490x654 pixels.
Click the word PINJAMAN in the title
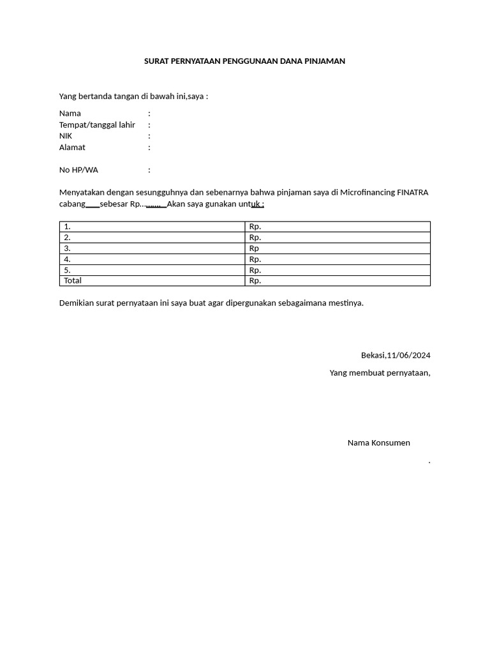(x=325, y=61)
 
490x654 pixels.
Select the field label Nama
(x=70, y=113)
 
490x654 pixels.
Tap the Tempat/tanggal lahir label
(x=97, y=125)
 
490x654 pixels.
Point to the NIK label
(x=66, y=136)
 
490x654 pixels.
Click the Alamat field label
(x=72, y=147)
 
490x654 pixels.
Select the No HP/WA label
(x=78, y=170)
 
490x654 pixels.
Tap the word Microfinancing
(x=367, y=192)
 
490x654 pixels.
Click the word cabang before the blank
(x=72, y=204)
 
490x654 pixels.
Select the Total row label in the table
(x=73, y=280)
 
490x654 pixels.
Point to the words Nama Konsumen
(x=378, y=443)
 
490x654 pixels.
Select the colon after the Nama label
(x=149, y=113)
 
